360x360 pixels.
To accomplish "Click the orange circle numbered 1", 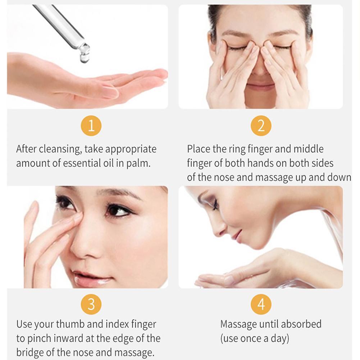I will pyautogui.click(x=91, y=126).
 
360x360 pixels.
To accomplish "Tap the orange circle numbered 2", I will pyautogui.click(x=261, y=126).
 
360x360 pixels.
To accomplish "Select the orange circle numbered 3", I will pyautogui.click(x=91, y=304).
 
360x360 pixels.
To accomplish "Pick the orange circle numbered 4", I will pyautogui.click(x=261, y=304).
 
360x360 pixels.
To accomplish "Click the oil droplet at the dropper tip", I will pyautogui.click(x=85, y=58).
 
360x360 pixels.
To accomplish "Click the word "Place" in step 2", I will pyautogui.click(x=197, y=149).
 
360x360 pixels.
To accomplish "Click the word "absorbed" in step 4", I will pyautogui.click(x=300, y=324).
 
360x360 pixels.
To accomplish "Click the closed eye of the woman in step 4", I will pyautogui.click(x=215, y=206).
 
